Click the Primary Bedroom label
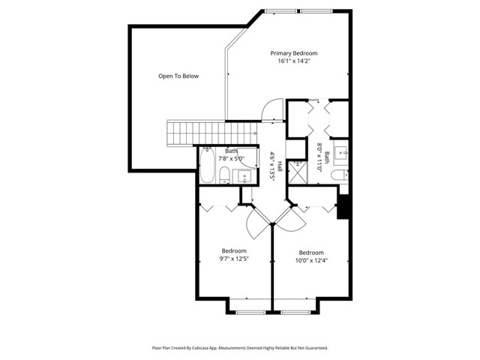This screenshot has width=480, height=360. pyautogui.click(x=294, y=53)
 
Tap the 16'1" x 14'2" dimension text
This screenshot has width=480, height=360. pyautogui.click(x=294, y=61)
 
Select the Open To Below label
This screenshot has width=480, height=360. pyautogui.click(x=178, y=76)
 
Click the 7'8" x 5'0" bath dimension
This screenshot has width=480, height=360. pyautogui.click(x=232, y=158)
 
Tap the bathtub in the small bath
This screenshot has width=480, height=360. pyautogui.click(x=207, y=165)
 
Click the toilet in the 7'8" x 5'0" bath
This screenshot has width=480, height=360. pyautogui.click(x=224, y=175)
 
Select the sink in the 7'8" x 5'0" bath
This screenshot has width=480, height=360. pyautogui.click(x=244, y=177)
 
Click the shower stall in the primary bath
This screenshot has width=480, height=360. pyautogui.click(x=298, y=172)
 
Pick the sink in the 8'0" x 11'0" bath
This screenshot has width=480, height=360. pyautogui.click(x=340, y=152)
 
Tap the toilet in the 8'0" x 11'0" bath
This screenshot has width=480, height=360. pyautogui.click(x=340, y=175)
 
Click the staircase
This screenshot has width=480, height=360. pyautogui.click(x=212, y=133)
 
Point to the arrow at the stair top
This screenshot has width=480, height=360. pyautogui.click(x=254, y=133)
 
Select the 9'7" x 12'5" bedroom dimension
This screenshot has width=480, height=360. pyautogui.click(x=234, y=259)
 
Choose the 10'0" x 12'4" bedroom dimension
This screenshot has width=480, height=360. pyautogui.click(x=311, y=260)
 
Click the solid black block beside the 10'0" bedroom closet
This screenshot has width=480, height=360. pyautogui.click(x=343, y=207)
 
